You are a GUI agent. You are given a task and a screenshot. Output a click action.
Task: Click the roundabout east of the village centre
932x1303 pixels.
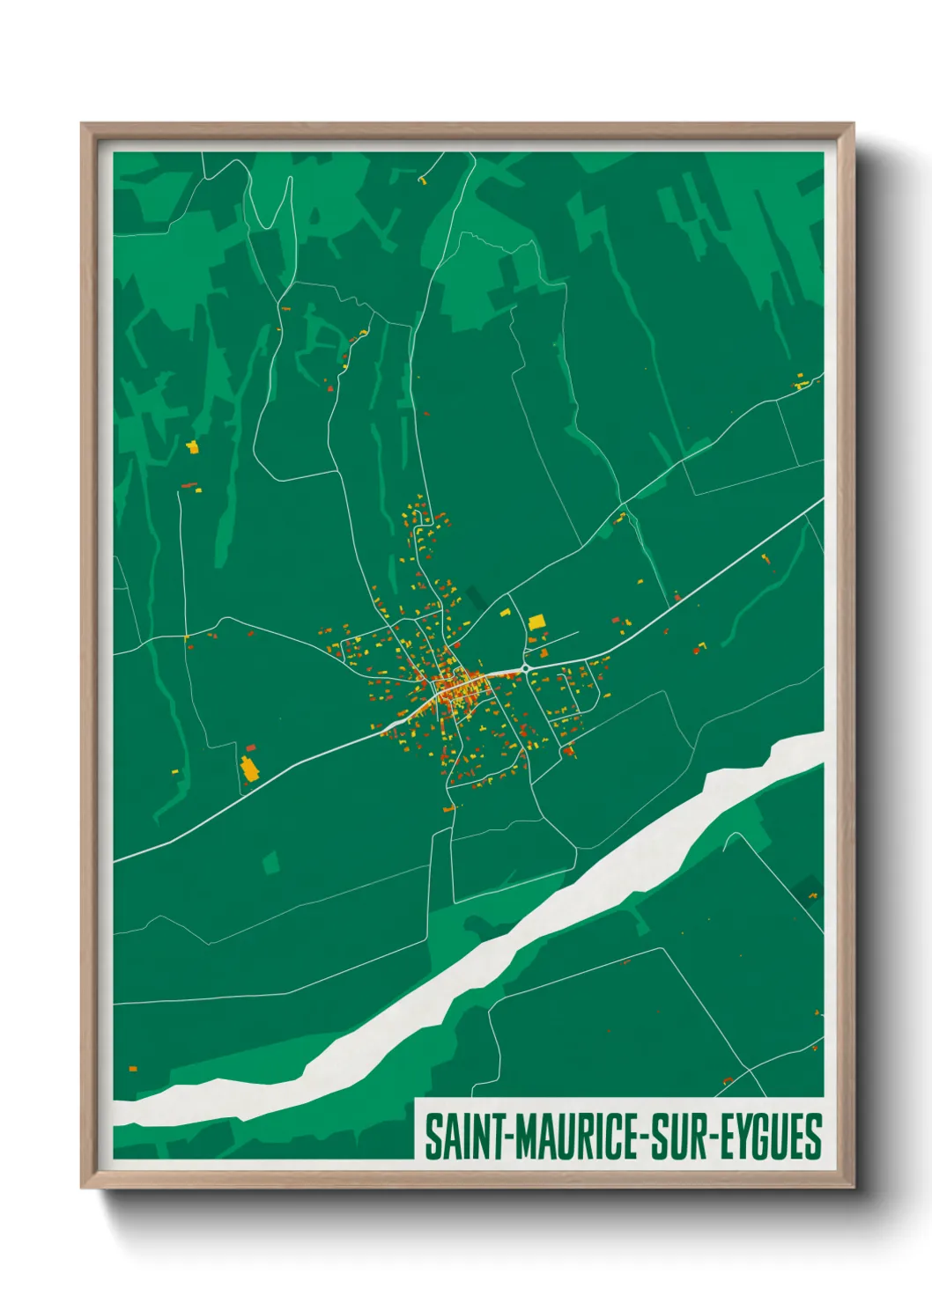(x=525, y=669)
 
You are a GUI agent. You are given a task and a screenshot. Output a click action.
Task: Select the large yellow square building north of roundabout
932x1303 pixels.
(x=536, y=622)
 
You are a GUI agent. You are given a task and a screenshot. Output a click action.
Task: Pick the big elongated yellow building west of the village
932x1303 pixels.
(x=249, y=769)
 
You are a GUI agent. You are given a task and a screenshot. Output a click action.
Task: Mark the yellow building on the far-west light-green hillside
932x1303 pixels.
(x=192, y=447)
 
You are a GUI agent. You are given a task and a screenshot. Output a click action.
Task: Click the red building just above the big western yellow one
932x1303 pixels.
(x=251, y=747)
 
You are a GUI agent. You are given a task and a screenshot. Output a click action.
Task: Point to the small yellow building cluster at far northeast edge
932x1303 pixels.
(x=801, y=384)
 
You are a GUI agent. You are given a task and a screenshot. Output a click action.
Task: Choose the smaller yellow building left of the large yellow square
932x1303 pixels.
(x=506, y=611)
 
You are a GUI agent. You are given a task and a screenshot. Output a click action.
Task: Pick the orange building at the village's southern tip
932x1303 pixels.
(x=448, y=808)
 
